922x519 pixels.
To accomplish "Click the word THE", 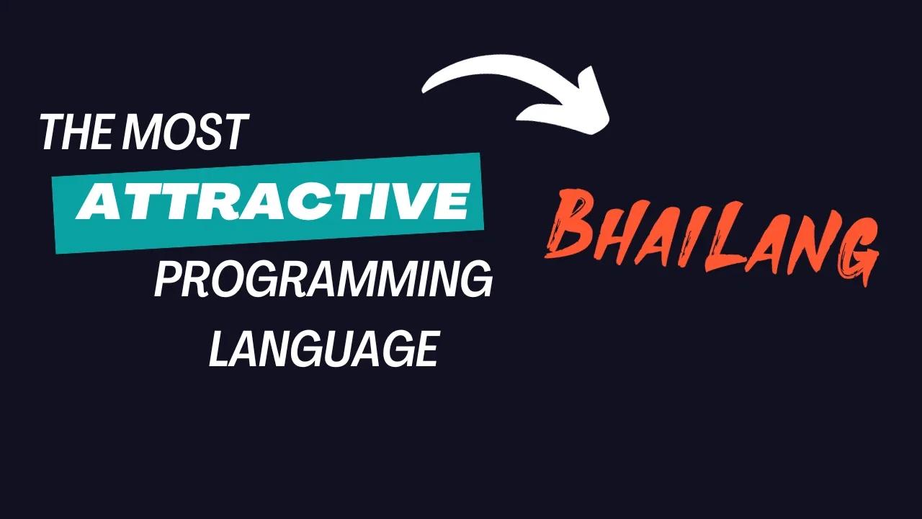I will click(x=76, y=132).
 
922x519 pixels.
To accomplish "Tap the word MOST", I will click(x=185, y=132).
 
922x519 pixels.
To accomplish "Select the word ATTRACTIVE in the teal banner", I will click(x=272, y=203).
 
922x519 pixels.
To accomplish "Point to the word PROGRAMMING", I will click(x=323, y=280).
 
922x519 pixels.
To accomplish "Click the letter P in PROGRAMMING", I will click(x=168, y=280).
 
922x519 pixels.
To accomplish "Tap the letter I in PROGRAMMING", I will click(x=423, y=280).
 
